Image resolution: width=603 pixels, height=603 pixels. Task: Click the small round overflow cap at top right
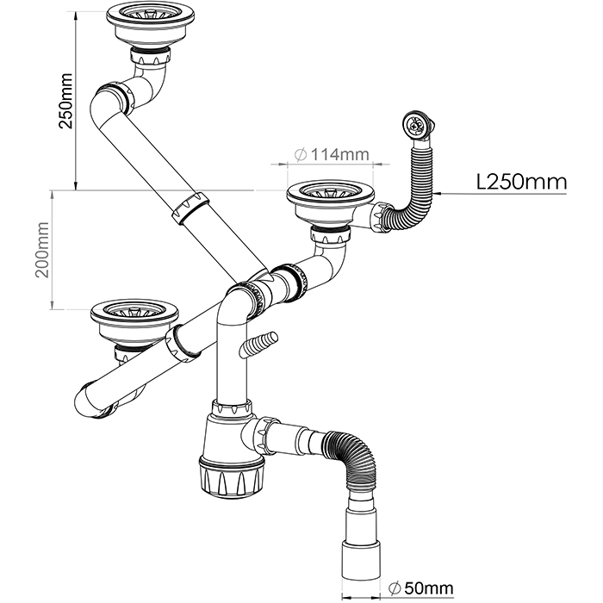[x=415, y=126]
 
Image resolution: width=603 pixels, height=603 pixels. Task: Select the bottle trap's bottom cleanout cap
[x=227, y=476]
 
